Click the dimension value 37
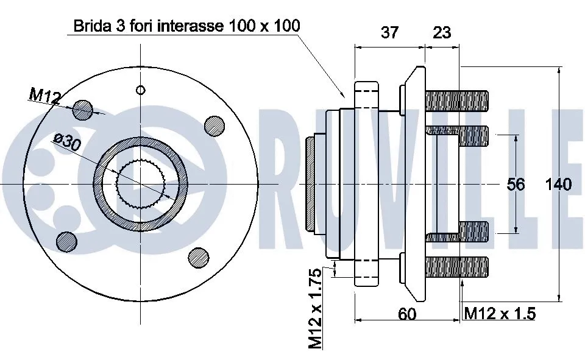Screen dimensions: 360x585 click(x=389, y=32)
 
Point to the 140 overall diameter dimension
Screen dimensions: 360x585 click(x=558, y=184)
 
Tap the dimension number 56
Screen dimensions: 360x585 click(x=516, y=184)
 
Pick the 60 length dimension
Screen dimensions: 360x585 click(x=407, y=314)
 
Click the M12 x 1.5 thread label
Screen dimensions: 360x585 click(x=500, y=314)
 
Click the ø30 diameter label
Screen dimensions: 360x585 click(x=67, y=142)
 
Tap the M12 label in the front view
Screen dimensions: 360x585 click(x=44, y=96)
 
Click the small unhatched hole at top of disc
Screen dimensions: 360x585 click(x=141, y=90)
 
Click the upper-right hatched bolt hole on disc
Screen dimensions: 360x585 click(x=213, y=125)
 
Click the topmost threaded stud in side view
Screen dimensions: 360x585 click(x=457, y=101)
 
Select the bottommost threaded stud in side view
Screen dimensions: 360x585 click(x=457, y=267)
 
